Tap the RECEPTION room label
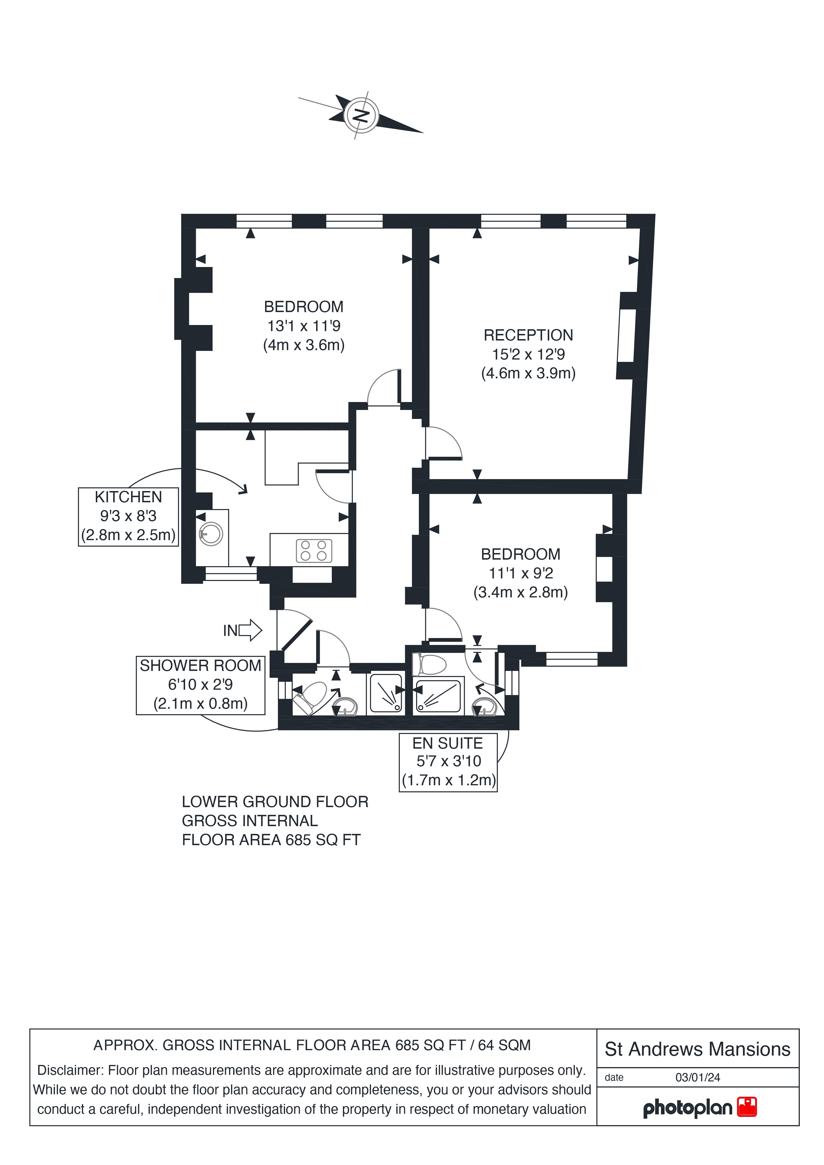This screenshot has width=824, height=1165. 528,335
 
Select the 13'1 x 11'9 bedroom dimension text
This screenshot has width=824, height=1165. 304,326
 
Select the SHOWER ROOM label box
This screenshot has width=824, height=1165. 200,685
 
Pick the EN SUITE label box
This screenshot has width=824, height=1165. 448,762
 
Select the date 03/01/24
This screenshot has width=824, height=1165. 698,1077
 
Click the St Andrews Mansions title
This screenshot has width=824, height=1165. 698,1049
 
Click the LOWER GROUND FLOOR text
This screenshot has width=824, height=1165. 275,802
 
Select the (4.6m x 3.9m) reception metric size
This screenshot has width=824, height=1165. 528,373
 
